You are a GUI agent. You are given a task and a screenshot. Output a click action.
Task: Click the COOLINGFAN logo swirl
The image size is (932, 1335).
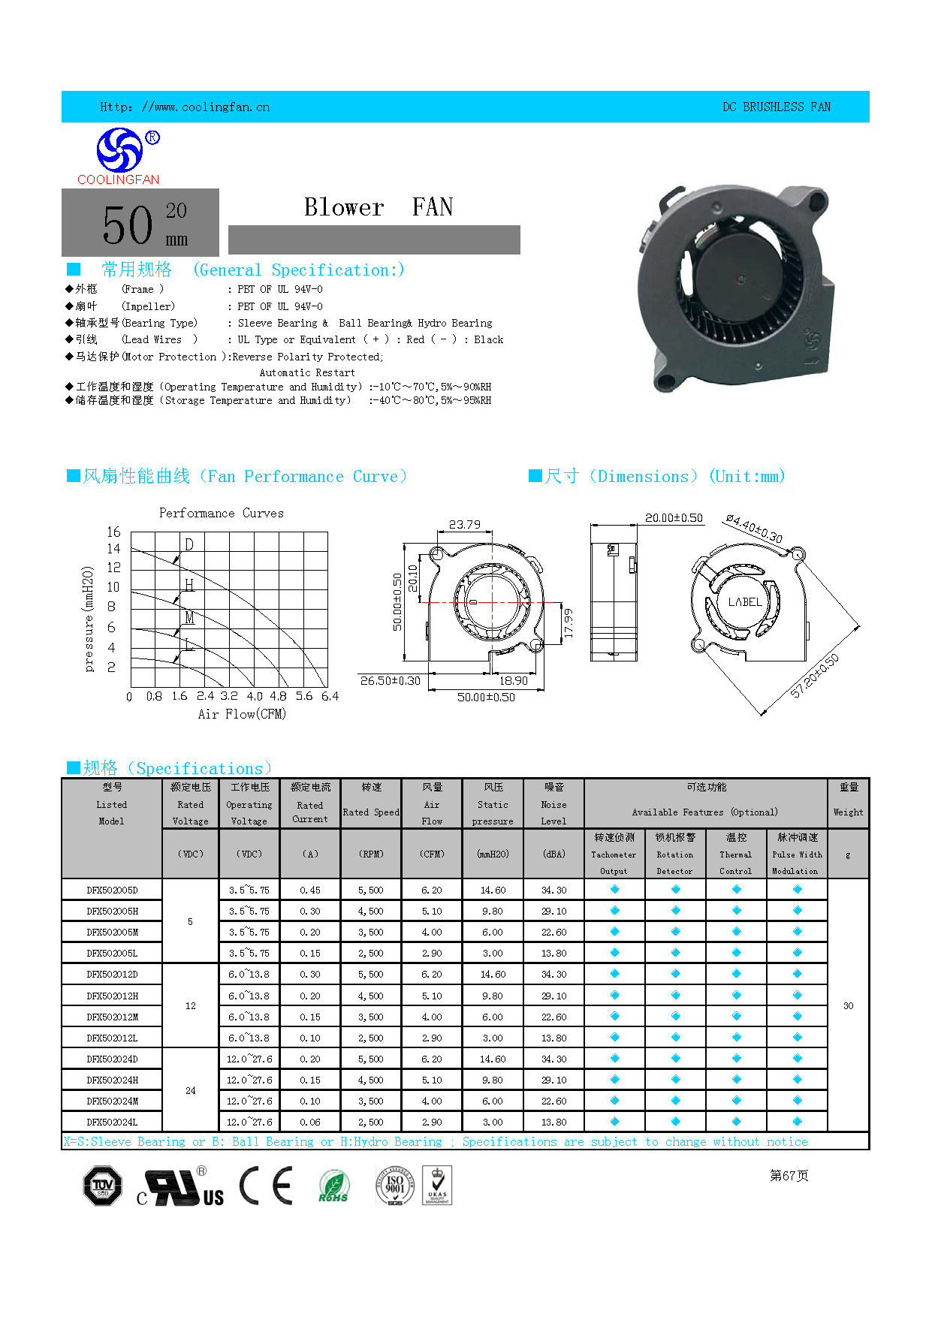point(119,149)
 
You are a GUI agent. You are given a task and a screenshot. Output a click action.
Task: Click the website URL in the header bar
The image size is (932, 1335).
point(185,107)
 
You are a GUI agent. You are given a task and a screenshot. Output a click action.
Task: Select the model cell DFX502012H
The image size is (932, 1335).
point(112,996)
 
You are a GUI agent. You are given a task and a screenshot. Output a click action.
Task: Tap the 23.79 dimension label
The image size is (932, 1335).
point(465,525)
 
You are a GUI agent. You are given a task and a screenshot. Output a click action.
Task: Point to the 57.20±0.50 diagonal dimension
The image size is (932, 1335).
point(815,676)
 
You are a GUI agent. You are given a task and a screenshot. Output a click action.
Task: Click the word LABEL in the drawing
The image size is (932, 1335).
point(745,602)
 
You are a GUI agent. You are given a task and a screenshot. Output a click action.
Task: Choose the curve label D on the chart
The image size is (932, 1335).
point(189,544)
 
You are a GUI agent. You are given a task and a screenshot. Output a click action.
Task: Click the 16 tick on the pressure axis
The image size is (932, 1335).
point(113,532)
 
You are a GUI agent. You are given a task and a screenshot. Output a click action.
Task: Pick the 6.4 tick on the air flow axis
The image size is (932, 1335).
point(330,697)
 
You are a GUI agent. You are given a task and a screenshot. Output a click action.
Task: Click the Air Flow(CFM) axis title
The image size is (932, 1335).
point(242,714)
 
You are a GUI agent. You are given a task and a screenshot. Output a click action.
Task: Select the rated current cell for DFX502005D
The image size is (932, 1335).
point(310,890)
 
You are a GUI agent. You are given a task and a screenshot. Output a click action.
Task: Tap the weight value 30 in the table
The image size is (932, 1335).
point(848,1005)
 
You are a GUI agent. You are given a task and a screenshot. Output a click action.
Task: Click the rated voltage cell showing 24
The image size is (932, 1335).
point(191,1090)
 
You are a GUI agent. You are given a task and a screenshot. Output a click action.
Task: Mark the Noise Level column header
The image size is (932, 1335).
point(553,804)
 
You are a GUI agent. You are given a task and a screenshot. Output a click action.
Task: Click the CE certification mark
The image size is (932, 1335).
point(266,1186)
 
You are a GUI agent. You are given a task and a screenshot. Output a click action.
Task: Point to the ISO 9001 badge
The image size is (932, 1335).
point(395,1186)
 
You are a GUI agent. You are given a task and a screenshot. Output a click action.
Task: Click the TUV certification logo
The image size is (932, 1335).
point(102,1186)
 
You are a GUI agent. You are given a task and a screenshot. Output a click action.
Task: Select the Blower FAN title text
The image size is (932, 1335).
point(378,207)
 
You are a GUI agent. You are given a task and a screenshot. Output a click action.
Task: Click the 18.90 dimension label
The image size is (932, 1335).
point(514,680)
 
